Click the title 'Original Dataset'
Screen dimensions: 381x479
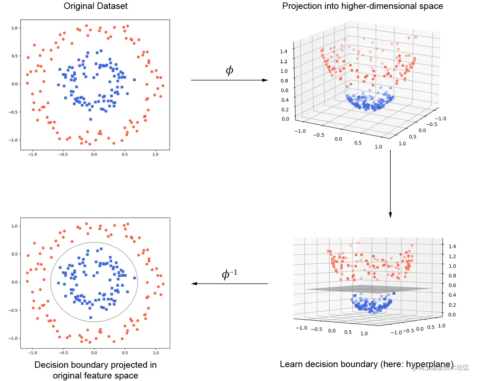pyautogui.click(x=95, y=6)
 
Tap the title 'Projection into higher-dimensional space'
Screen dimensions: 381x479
pyautogui.click(x=362, y=6)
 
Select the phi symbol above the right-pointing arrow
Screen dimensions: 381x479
pyautogui.click(x=229, y=70)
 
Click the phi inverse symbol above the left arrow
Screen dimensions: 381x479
pyautogui.click(x=229, y=274)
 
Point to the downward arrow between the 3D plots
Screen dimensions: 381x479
pyautogui.click(x=390, y=184)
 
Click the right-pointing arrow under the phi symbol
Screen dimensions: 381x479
pyautogui.click(x=229, y=80)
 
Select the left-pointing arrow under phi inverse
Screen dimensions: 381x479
pyautogui.click(x=229, y=284)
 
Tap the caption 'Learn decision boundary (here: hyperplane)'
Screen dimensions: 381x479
pyautogui.click(x=366, y=364)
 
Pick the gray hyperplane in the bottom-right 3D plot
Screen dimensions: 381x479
pyautogui.click(x=368, y=289)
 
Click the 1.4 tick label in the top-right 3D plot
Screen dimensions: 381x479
pyautogui.click(x=283, y=51)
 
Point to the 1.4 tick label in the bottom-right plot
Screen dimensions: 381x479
pyautogui.click(x=452, y=246)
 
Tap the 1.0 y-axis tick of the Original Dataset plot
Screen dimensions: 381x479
pyautogui.click(x=14, y=28)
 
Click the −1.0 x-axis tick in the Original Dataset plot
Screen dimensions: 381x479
pyautogui.click(x=33, y=155)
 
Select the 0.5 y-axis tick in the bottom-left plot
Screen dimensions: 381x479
pyautogui.click(x=14, y=254)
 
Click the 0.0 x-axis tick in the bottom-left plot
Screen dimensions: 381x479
pyautogui.click(x=94, y=353)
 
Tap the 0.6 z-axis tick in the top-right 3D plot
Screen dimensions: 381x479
pyautogui.click(x=285, y=90)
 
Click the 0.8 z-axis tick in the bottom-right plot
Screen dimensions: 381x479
pyautogui.click(x=452, y=276)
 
